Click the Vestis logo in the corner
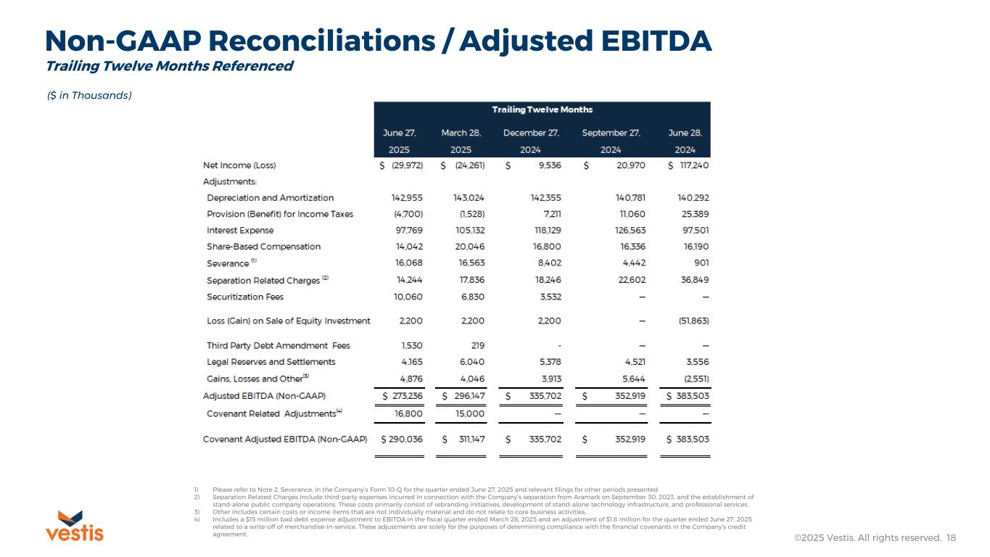pos(75,526)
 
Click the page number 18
pos(951,538)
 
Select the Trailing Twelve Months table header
pos(542,110)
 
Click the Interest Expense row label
pos(240,230)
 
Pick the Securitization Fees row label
pos(245,297)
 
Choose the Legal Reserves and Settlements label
pos(271,361)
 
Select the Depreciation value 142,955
pos(407,197)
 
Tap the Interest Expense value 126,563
pos(628,230)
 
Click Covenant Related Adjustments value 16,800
pos(407,413)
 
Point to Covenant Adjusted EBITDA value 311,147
pos(468,439)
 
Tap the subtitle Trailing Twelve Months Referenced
pos(169,66)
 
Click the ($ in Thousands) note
pos(89,95)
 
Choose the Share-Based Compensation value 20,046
pos(468,247)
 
